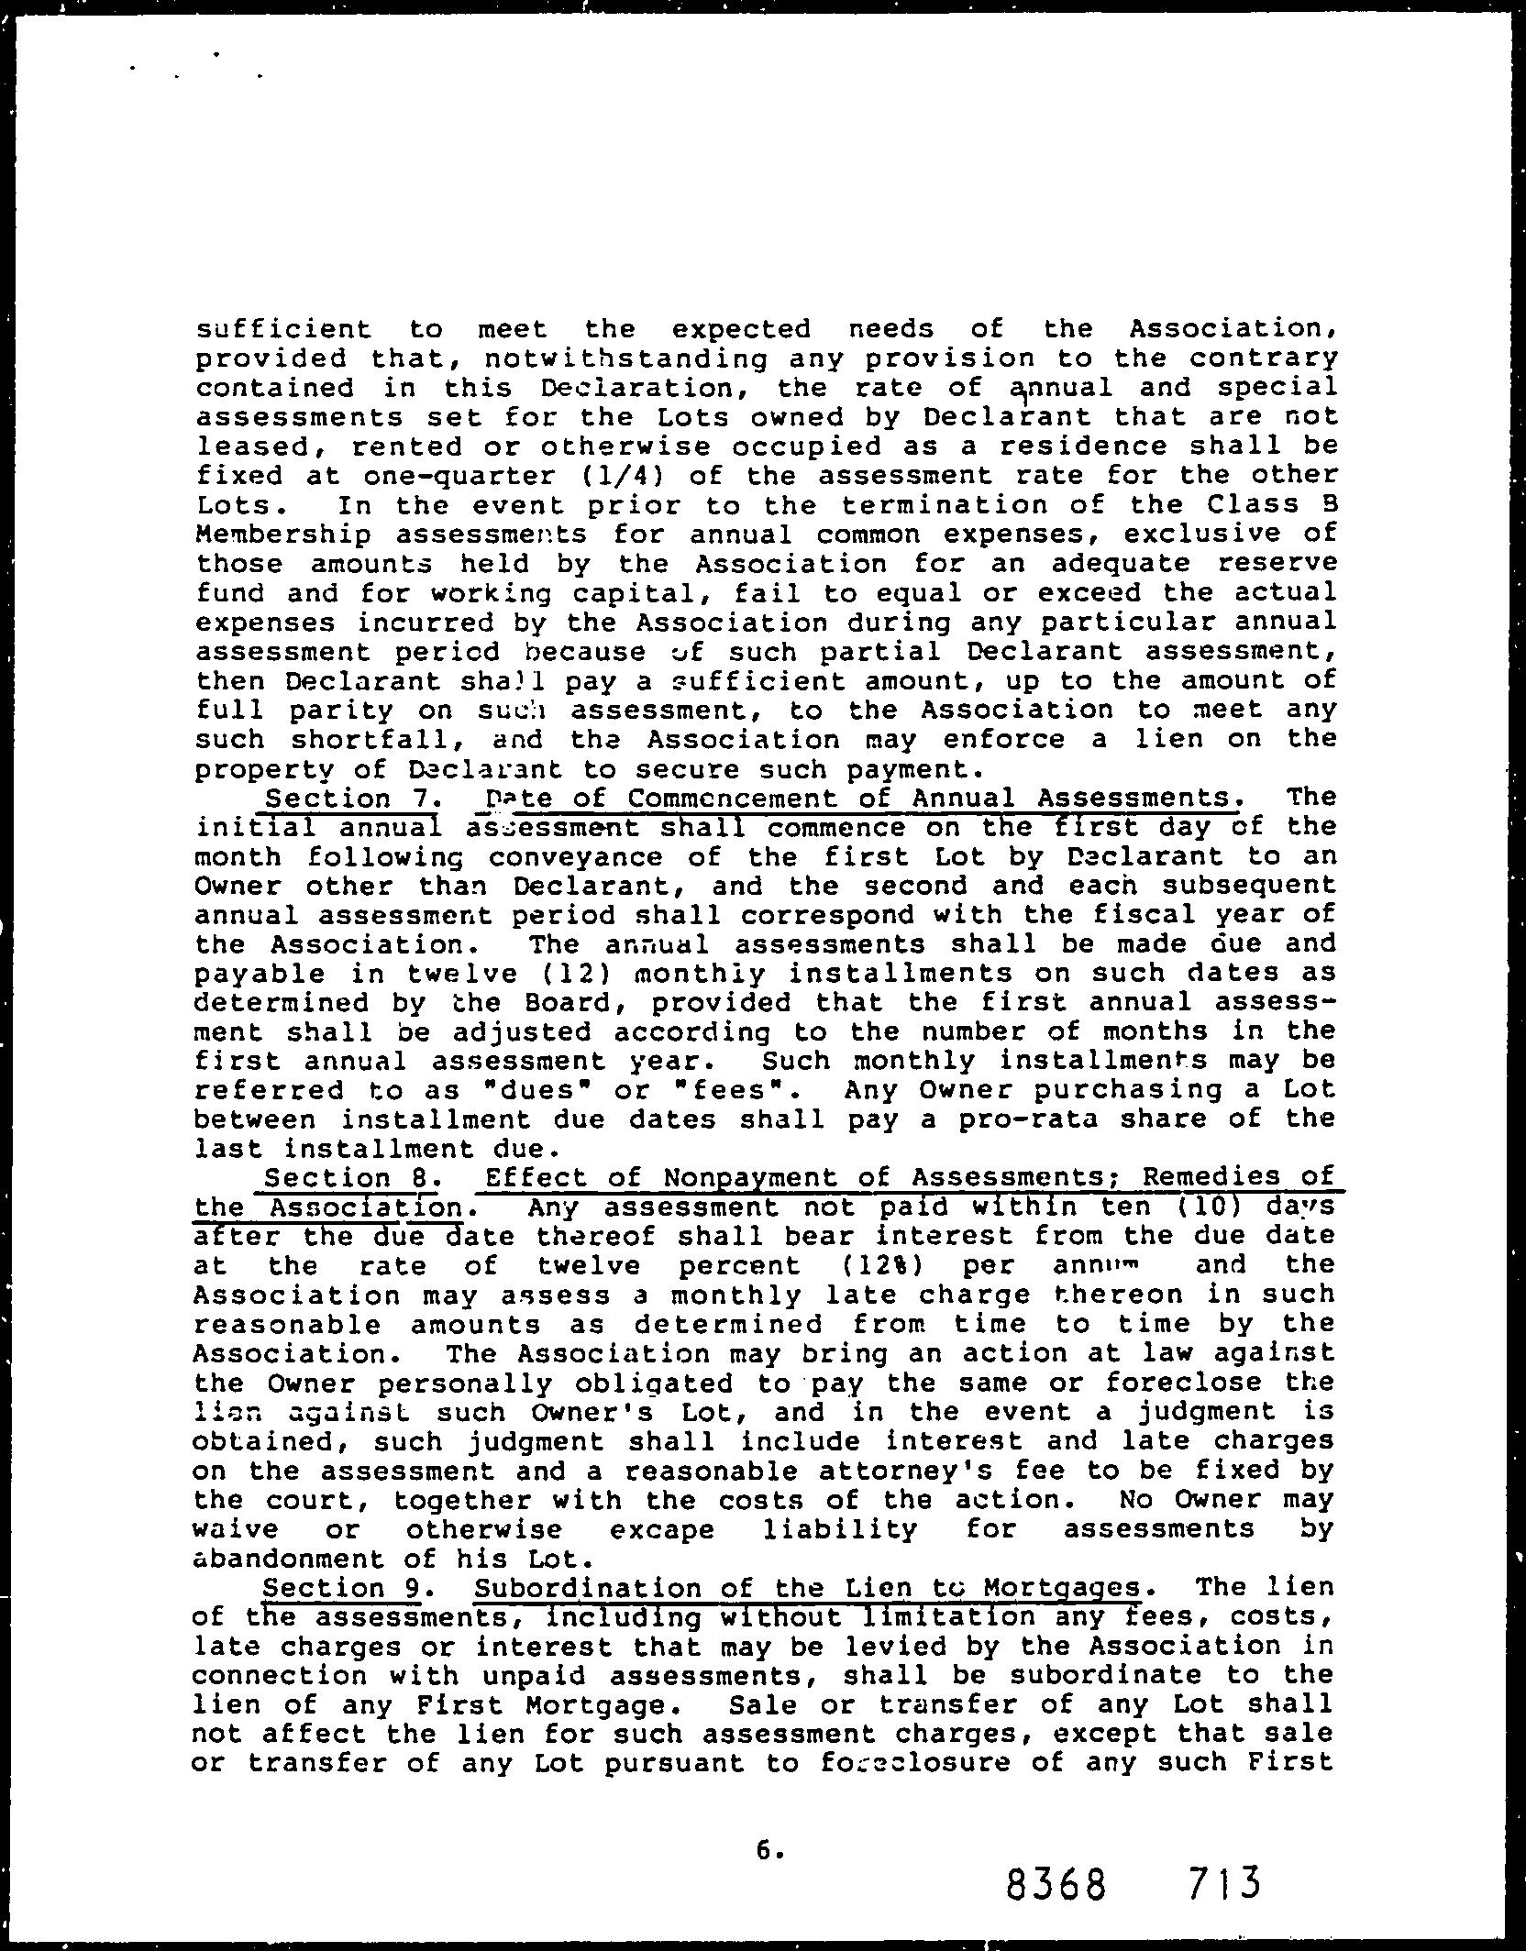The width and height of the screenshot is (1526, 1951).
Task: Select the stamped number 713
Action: tap(1223, 1882)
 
